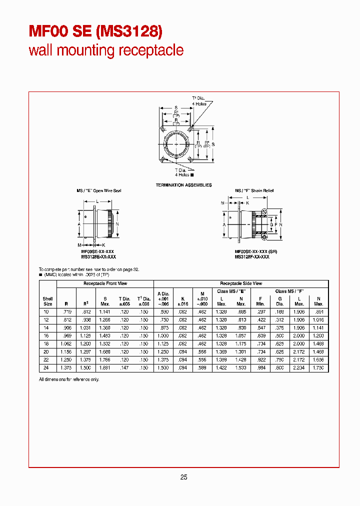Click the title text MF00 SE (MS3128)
pos(95,31)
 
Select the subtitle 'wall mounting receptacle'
pos(106,50)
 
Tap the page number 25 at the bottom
pos(183,477)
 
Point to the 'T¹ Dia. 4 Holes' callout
pos(199,100)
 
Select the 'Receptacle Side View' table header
pos(241,283)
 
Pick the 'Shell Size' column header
pos(47,301)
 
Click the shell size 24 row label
pos(47,368)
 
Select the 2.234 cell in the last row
pos(299,368)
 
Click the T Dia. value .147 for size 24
pos(124,368)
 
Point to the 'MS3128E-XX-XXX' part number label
pos(98,256)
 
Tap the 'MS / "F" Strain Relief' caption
pos(254,190)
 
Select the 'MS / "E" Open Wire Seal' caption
pos(98,190)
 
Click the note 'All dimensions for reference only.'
pos(69,379)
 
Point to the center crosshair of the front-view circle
pos(177,144)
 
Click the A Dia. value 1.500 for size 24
pos(164,368)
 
